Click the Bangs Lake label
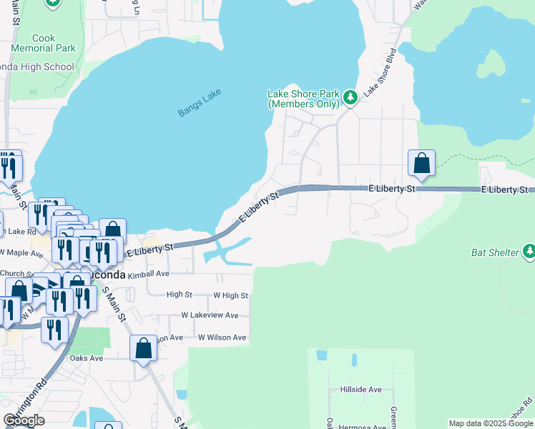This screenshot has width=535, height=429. (x=200, y=103)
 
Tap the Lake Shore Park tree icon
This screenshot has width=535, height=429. (x=349, y=97)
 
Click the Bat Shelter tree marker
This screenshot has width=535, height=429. (x=529, y=251)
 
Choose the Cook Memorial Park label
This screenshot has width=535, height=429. (x=44, y=43)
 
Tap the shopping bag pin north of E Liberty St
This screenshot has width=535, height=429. (x=421, y=163)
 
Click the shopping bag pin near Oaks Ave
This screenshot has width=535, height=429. (x=143, y=349)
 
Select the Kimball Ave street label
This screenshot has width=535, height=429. (x=148, y=274)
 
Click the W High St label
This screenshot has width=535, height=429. (x=230, y=295)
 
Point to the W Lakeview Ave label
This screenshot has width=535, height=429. (x=210, y=315)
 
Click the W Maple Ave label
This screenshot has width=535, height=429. (x=21, y=252)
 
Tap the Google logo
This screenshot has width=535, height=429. (x=24, y=420)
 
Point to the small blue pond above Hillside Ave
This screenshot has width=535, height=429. (x=321, y=355)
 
